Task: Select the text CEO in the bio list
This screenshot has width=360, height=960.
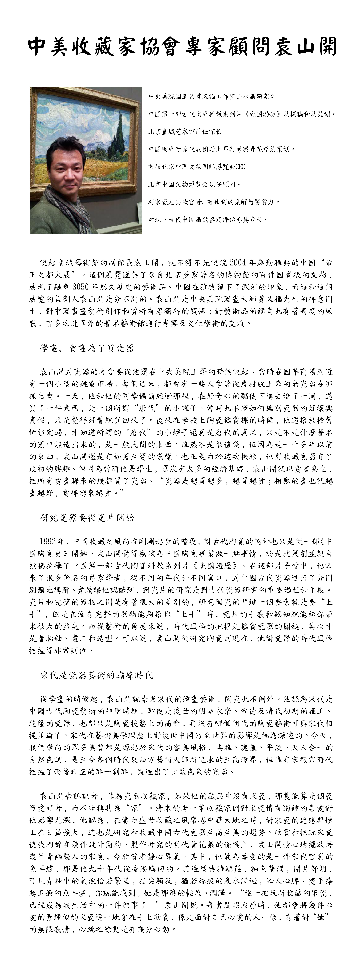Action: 240,167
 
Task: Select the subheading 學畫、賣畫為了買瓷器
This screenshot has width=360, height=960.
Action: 87,349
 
